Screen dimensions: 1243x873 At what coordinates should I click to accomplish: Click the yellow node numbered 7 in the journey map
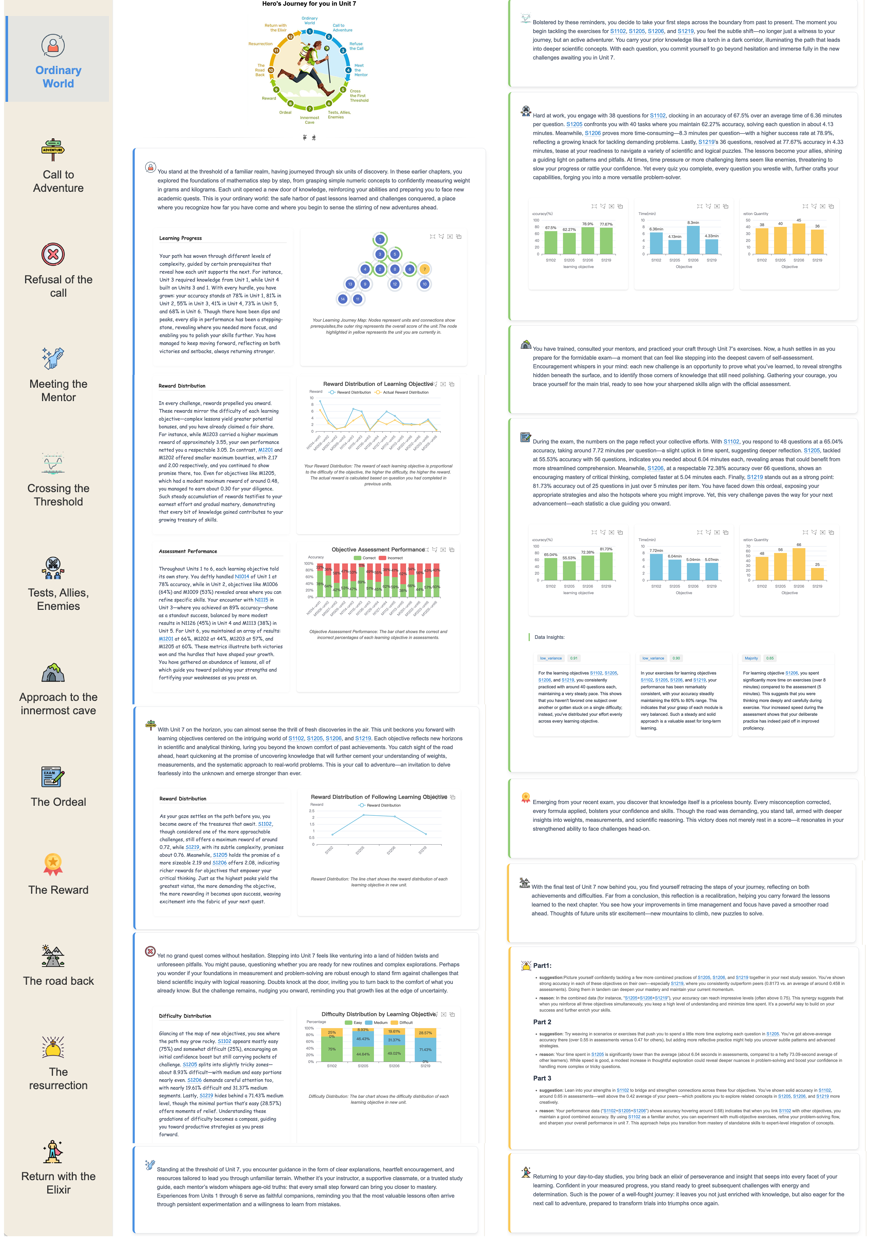click(x=425, y=269)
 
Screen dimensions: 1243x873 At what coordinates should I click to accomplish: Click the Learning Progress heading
click(x=180, y=238)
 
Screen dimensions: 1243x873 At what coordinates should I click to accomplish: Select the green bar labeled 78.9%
click(x=588, y=240)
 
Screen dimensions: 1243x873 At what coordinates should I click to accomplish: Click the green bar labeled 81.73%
click(x=606, y=566)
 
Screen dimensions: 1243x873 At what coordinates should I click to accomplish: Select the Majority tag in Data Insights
click(x=751, y=658)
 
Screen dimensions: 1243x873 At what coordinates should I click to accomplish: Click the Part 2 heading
click(x=542, y=1022)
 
